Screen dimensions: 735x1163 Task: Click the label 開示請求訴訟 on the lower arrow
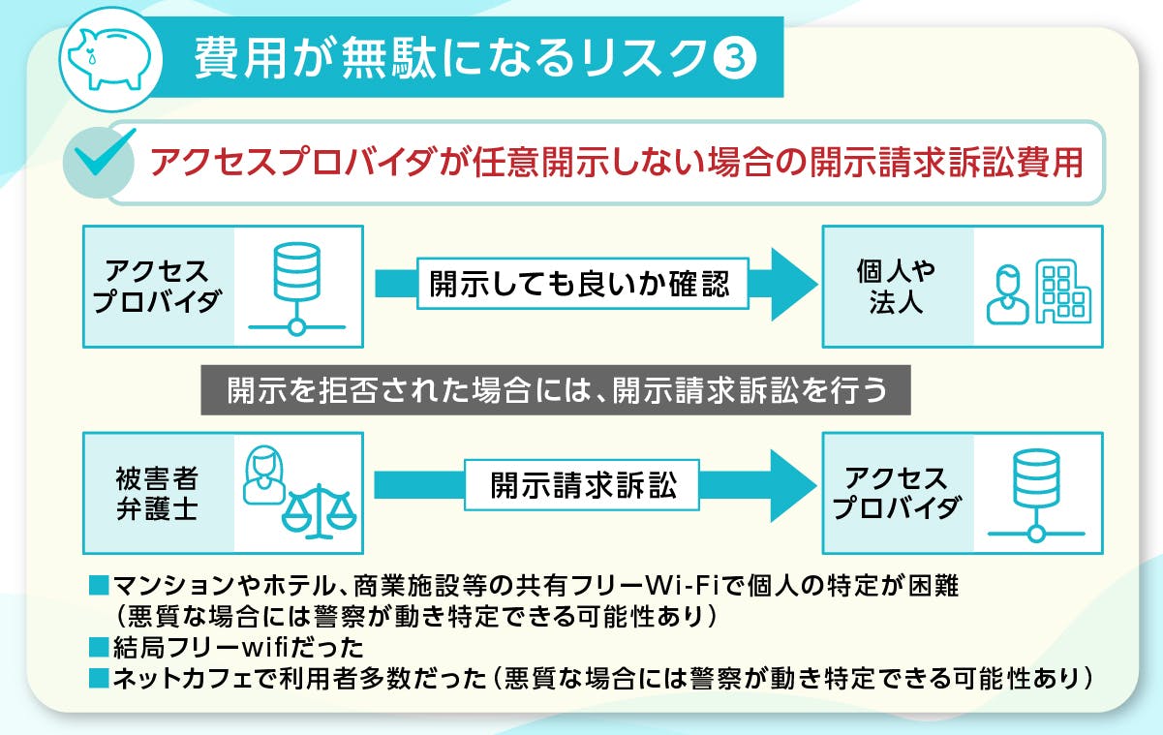[583, 486]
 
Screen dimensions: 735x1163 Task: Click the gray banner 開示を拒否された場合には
[556, 389]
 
